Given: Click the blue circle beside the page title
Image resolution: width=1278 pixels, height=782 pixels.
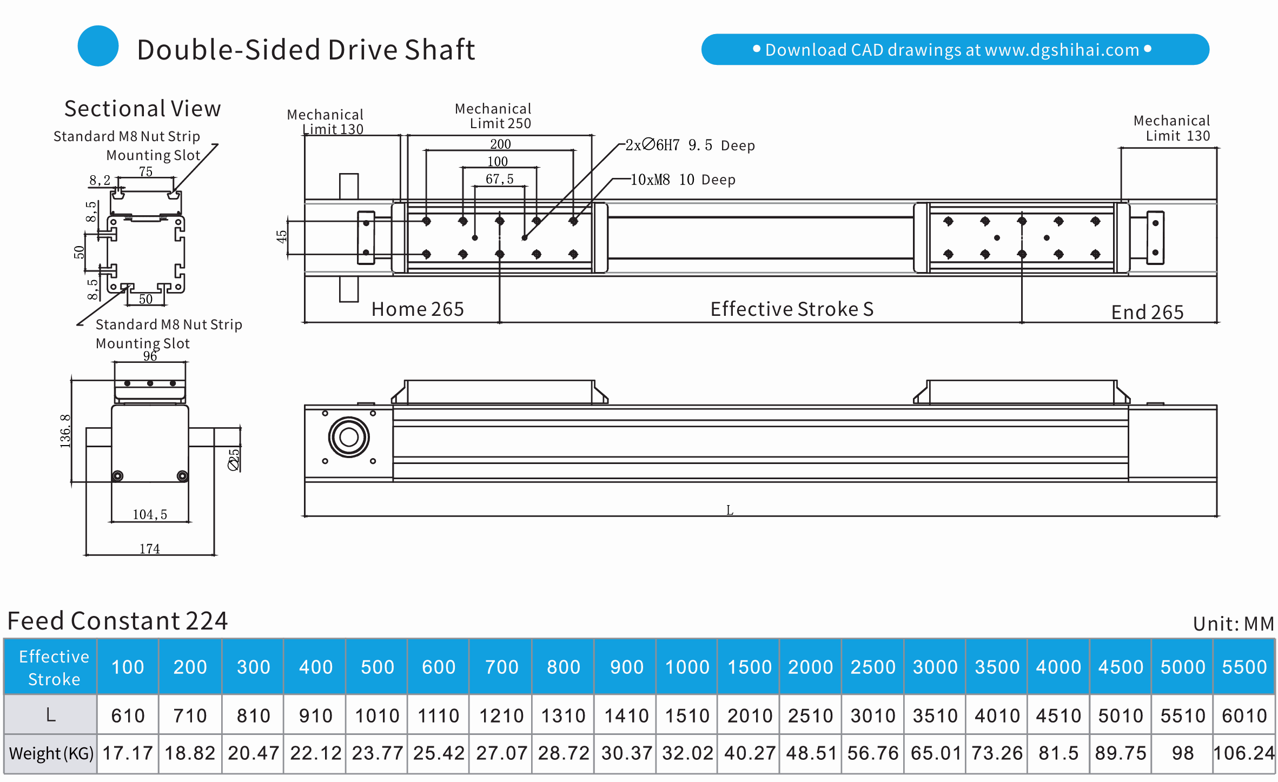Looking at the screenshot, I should pos(98,46).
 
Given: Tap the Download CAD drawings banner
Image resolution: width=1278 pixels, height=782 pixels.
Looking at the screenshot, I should pos(955,50).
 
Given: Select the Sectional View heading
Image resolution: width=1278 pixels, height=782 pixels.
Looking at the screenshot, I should pos(142,109).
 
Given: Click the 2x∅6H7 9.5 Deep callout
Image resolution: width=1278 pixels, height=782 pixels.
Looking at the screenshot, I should pos(690,145).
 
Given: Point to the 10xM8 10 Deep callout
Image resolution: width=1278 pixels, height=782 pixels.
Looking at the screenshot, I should pos(683,180).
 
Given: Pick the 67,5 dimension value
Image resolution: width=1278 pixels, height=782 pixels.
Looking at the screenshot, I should pos(499,179).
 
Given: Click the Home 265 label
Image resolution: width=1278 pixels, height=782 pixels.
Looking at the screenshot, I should pos(417,309).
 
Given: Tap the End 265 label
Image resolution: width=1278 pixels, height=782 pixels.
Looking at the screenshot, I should pos(1147,312).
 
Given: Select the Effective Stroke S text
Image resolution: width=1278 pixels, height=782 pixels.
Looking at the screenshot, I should pos(791,309).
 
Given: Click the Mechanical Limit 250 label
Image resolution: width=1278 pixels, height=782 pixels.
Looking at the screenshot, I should pos(493,116).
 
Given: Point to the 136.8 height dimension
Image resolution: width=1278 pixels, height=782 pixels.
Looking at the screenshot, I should pos(65,430).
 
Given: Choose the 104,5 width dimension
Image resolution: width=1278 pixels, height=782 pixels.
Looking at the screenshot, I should pos(150,514).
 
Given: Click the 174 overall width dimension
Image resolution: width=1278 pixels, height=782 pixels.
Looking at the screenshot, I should pos(149,549).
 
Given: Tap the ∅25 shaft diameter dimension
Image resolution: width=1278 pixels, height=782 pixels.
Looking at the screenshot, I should pos(234,460).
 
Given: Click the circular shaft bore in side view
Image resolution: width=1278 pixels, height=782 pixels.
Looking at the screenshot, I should pos(349,437).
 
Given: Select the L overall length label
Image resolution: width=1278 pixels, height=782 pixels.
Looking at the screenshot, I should pos(730,510).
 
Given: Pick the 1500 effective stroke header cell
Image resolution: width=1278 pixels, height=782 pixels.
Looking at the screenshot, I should pos(749,667).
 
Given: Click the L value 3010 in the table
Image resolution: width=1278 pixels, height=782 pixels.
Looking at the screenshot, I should pos(872,715).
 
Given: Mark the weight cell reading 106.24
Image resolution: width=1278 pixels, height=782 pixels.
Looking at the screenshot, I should pos(1243,753).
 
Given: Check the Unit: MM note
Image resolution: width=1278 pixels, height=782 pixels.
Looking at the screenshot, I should pos(1233,624).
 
